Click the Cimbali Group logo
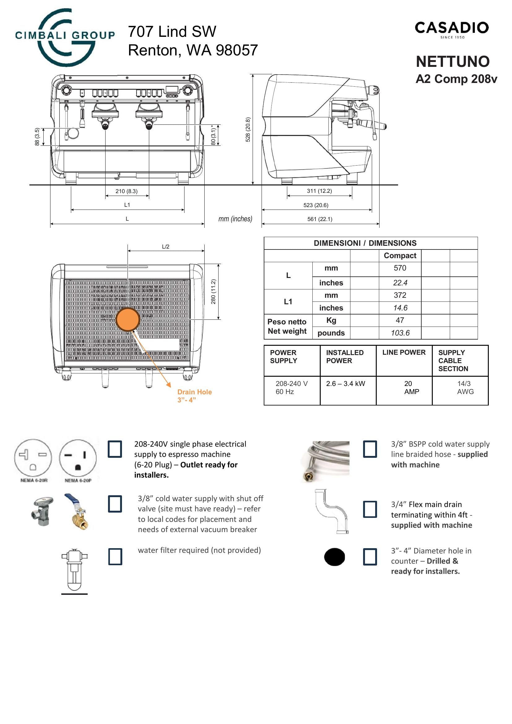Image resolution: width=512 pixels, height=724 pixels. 65,37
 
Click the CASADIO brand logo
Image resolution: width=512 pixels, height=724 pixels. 451,29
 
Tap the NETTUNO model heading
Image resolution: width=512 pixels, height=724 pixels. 453,62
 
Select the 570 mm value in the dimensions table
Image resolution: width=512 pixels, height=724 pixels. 400,268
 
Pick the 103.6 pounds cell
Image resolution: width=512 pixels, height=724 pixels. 400,333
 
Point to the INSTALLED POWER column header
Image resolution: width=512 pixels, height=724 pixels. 345,357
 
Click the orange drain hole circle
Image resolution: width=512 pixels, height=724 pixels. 128,319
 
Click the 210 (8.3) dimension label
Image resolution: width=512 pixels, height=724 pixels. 126,191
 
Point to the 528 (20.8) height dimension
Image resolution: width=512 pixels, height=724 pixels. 248,129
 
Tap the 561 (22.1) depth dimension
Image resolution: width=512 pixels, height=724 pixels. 320,219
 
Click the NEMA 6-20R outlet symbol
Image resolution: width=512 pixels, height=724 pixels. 33,457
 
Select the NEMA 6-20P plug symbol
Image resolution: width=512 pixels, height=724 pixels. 78,457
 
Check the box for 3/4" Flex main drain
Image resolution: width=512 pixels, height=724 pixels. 370,509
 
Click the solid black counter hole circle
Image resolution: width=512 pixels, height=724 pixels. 335,557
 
